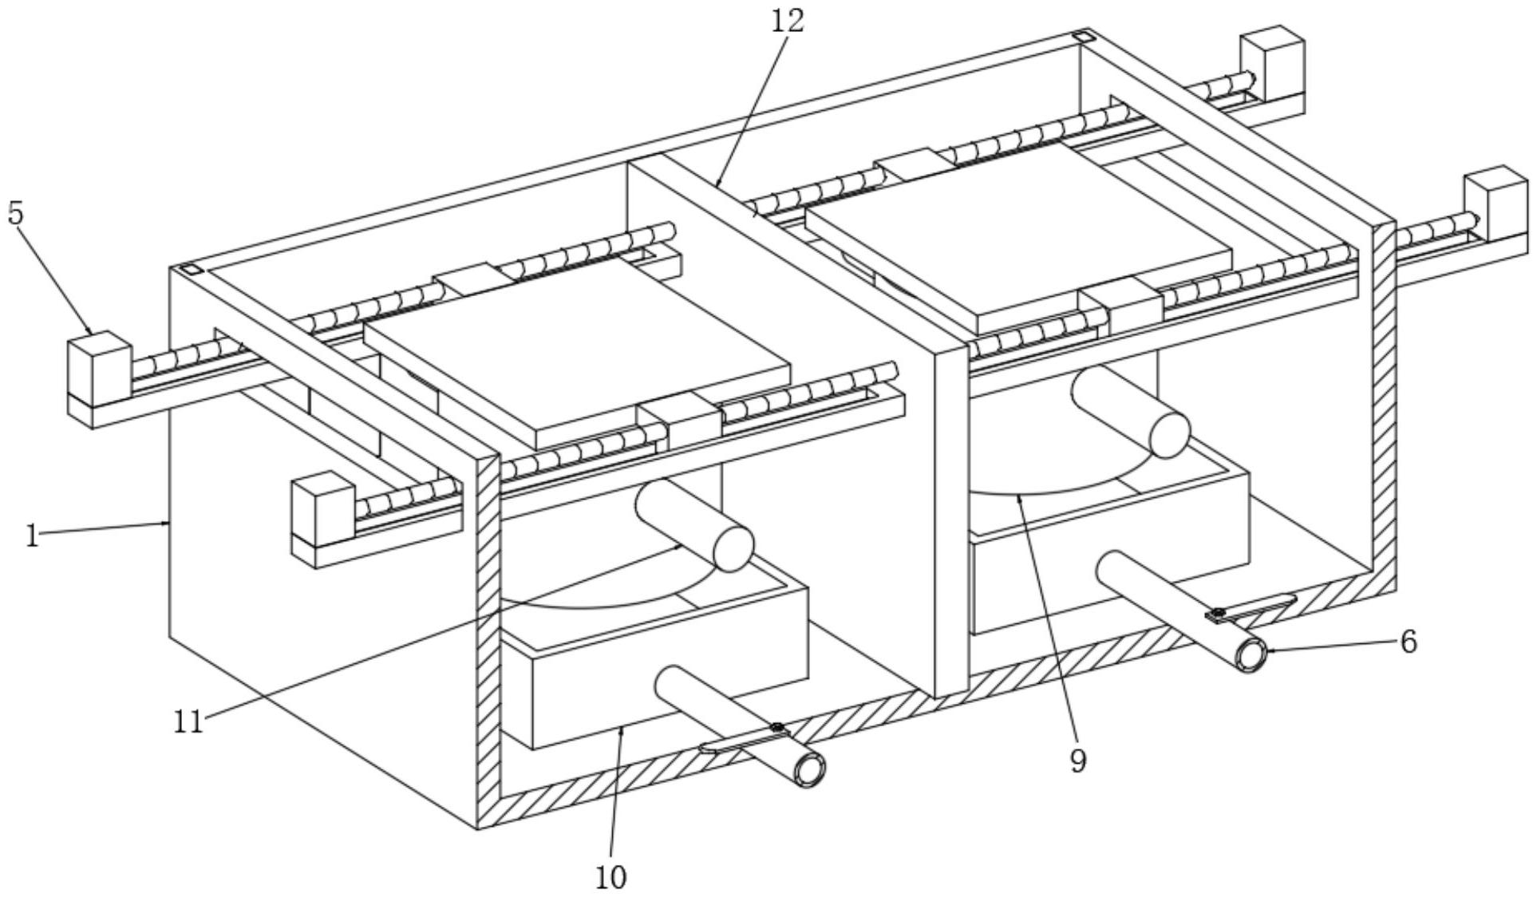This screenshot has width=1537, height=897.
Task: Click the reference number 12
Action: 787,21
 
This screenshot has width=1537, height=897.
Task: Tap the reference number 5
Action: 16,213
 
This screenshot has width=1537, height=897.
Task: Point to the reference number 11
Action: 189,721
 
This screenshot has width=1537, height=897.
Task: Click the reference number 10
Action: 610,877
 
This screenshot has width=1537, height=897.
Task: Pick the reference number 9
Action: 1077,761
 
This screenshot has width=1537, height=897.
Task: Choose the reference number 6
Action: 1409,641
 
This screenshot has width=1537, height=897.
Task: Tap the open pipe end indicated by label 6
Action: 1251,655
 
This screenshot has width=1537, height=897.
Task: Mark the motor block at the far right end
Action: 1495,201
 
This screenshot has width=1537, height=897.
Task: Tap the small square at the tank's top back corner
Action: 1081,36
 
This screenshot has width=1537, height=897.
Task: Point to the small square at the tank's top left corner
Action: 192,270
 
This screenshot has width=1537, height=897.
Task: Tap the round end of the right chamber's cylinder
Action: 1170,434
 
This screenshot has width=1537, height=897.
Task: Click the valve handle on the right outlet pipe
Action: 1253,608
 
